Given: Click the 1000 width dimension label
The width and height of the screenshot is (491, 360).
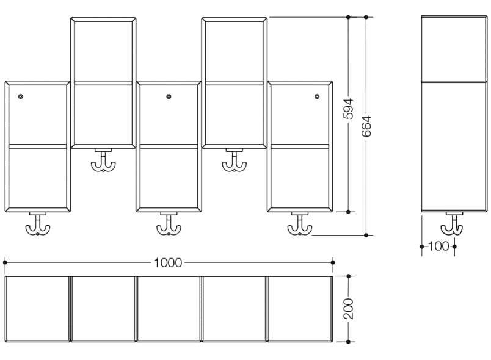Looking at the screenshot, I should (168, 262).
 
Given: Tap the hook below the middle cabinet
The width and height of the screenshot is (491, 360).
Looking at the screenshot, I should (169, 226).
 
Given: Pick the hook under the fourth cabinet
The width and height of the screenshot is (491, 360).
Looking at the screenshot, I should (234, 162).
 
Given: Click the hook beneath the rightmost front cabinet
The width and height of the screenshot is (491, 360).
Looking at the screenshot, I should (300, 226).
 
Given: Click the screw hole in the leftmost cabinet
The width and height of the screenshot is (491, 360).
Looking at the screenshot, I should (21, 96).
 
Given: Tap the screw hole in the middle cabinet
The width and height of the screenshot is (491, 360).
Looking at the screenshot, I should (169, 96).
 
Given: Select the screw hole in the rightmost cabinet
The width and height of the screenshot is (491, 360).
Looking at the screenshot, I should (317, 96).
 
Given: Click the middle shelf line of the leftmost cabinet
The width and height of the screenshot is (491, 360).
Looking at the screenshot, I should (37, 146).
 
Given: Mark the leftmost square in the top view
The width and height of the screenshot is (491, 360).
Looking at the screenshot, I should (37, 308).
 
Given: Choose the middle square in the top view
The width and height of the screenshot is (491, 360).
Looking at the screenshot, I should (169, 308).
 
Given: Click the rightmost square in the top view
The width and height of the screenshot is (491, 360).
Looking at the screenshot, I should (300, 308).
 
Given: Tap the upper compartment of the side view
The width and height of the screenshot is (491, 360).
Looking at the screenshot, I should (454, 49).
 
